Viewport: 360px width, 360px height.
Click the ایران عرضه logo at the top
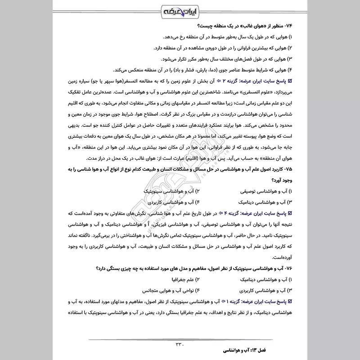[x=180, y=10]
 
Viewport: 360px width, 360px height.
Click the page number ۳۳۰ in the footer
[x=180, y=345]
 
